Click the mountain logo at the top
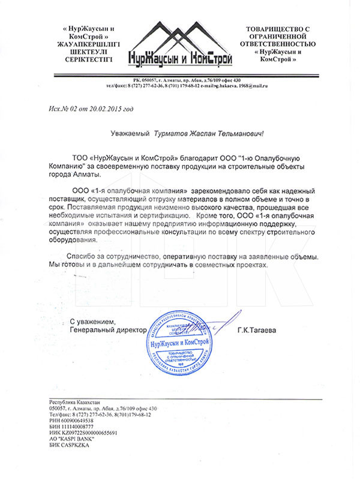coord(179,45)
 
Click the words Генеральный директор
coord(108,330)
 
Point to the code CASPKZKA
coord(77,445)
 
